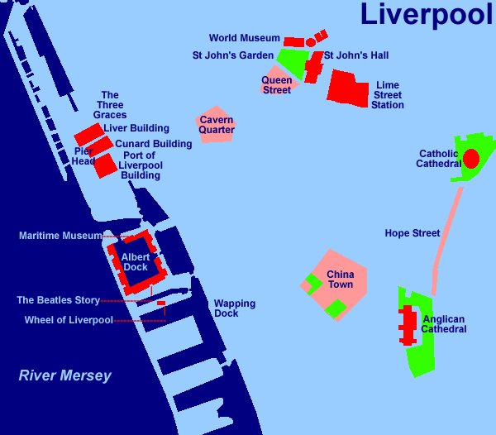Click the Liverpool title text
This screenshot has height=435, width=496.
click(426, 14)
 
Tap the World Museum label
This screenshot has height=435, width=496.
click(244, 38)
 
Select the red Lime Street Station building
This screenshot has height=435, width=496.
click(347, 88)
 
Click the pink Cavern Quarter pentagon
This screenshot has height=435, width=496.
click(216, 124)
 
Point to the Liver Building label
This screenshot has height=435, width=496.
click(136, 128)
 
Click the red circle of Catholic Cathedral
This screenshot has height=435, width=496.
click(470, 158)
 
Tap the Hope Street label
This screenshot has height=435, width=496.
click(412, 233)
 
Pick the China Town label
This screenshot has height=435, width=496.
click(340, 280)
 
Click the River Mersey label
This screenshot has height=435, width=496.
click(64, 376)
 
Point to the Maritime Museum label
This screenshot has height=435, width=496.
click(60, 236)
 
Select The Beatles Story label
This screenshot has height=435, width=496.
click(58, 300)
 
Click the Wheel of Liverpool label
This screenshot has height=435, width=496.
click(68, 320)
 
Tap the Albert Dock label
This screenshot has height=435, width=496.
click(136, 262)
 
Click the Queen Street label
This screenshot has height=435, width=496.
click(277, 85)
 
